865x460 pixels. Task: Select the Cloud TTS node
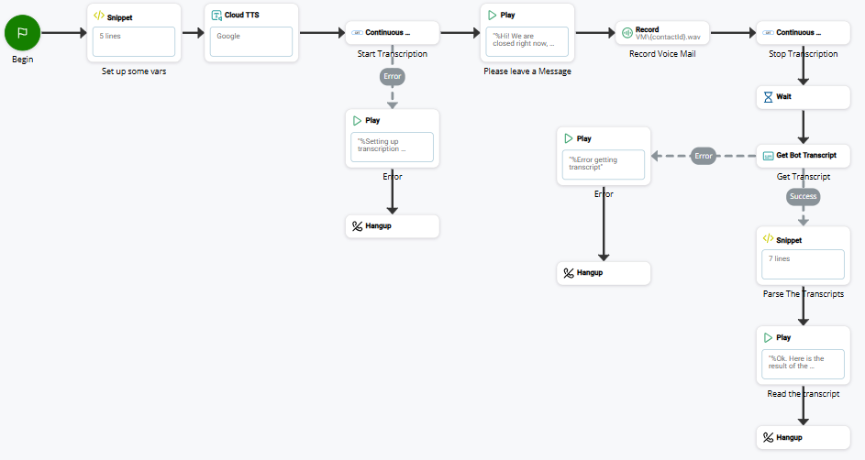251,32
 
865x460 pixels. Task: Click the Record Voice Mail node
661,34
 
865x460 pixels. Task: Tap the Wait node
803,96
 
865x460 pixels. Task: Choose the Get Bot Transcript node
803,155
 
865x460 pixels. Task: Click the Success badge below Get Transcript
803,196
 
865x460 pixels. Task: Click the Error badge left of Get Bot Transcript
704,156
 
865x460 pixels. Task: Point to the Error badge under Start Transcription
393,76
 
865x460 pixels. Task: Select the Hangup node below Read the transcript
803,437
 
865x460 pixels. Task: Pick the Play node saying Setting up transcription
393,138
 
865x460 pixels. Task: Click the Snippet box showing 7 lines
803,264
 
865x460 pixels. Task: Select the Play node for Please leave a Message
527,33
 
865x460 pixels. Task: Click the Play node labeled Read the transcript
803,355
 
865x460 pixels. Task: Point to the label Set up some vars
134,71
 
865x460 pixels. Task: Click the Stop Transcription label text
803,54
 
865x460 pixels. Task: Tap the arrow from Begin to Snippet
63,33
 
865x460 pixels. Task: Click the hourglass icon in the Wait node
768,96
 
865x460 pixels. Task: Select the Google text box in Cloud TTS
251,41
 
